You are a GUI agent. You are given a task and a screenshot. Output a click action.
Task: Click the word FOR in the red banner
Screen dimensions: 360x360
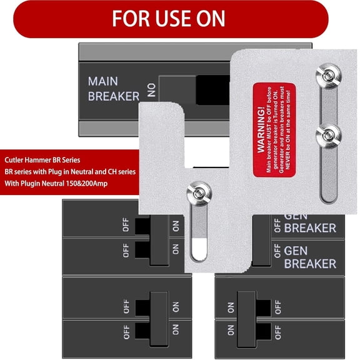pyautogui.click(x=131, y=18)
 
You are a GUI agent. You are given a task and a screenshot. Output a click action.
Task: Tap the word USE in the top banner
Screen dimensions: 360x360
pyautogui.click(x=172, y=18)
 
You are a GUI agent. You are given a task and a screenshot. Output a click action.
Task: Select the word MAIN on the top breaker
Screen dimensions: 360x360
pyautogui.click(x=103, y=82)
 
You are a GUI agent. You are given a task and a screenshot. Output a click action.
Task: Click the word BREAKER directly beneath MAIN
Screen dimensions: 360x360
pyautogui.click(x=113, y=96)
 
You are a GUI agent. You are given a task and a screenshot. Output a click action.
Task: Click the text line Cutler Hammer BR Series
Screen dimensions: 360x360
pyautogui.click(x=42, y=160)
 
